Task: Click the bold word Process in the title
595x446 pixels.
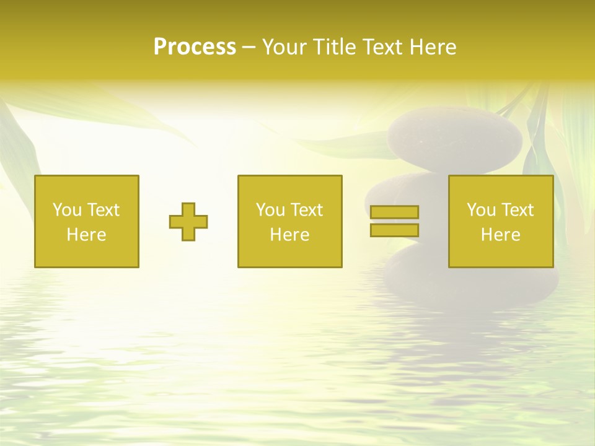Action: (195, 47)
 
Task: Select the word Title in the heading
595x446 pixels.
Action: (335, 47)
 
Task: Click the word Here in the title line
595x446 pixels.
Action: (433, 47)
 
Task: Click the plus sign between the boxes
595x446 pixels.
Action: (188, 222)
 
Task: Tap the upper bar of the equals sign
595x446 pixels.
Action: (394, 212)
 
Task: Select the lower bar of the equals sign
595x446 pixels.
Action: (394, 230)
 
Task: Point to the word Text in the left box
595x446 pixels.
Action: (103, 210)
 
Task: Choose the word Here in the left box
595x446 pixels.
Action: (86, 235)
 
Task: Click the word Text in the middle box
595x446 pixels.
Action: (306, 210)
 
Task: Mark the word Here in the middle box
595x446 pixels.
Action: (289, 235)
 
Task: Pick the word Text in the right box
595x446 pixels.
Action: (517, 210)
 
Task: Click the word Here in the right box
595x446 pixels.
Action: (500, 235)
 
